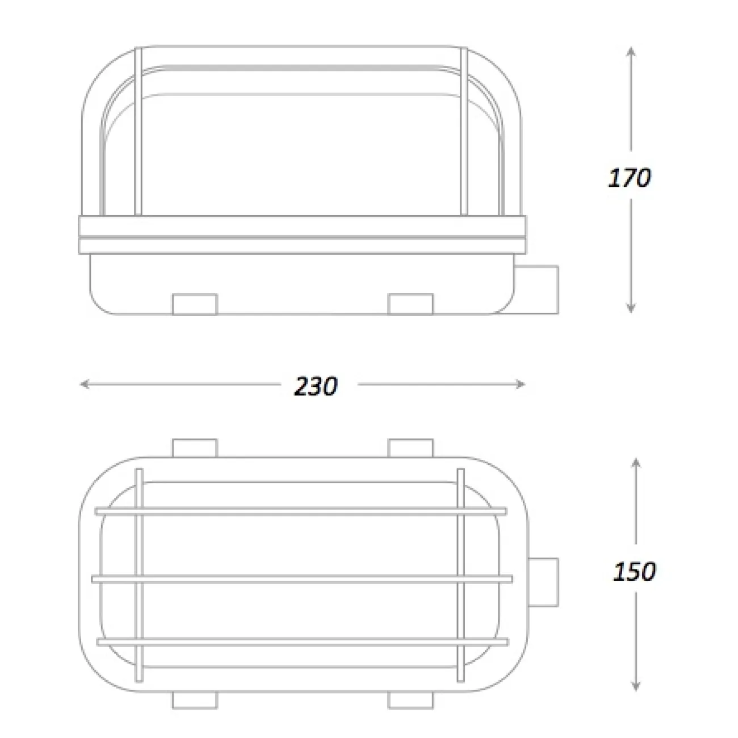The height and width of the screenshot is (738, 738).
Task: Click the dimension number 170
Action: (x=629, y=178)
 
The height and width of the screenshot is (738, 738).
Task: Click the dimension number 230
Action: (x=316, y=386)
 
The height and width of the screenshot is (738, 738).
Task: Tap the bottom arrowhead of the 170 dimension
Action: (x=631, y=308)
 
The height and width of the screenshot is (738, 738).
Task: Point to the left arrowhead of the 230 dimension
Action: (x=85, y=384)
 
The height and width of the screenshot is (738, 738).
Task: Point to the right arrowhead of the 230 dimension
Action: (x=520, y=384)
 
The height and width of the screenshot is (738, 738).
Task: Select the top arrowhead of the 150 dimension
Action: (x=636, y=463)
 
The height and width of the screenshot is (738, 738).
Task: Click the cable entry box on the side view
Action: (x=536, y=290)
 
